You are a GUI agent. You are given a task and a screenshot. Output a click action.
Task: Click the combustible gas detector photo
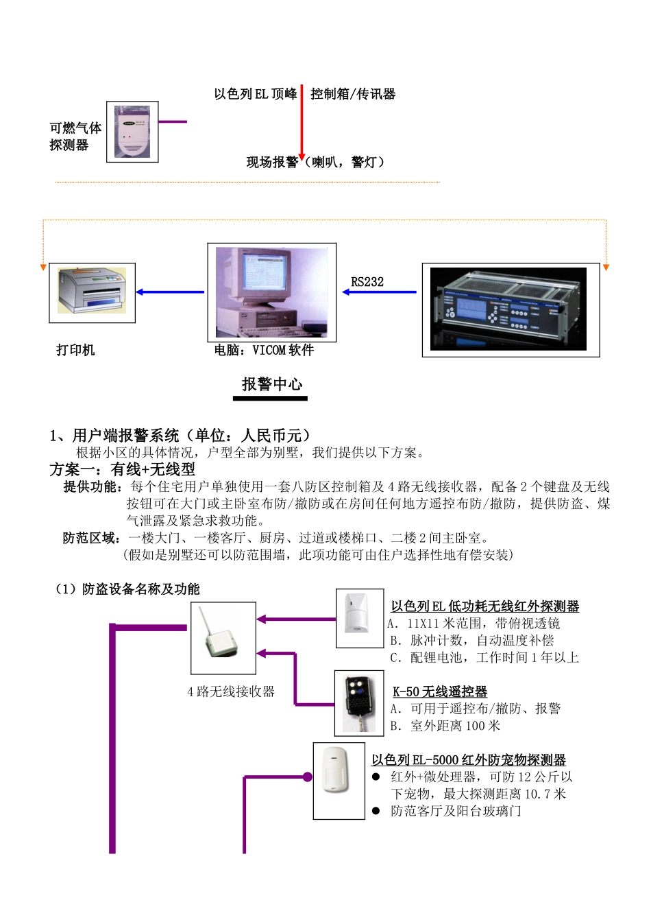[132, 132]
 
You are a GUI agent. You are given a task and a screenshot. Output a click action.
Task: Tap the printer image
[92, 293]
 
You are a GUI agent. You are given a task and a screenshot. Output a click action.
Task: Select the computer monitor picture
[271, 292]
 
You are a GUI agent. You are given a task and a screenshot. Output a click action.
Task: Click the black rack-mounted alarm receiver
[508, 309]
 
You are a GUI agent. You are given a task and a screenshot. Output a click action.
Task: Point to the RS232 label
[367, 282]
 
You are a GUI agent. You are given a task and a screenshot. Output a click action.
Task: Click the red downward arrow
[302, 123]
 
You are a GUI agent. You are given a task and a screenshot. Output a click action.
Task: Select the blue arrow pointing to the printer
[170, 292]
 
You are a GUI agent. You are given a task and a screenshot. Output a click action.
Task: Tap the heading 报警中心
[271, 384]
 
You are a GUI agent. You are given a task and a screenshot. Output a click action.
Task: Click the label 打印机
[75, 350]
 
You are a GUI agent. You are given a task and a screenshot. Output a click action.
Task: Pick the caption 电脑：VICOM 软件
[264, 350]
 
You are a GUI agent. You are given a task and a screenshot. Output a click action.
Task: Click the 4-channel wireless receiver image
[223, 638]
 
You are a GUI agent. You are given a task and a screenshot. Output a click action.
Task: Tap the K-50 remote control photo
[359, 703]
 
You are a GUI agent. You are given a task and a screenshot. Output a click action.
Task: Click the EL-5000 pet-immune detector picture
[339, 780]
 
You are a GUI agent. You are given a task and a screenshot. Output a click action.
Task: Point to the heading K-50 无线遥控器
[440, 691]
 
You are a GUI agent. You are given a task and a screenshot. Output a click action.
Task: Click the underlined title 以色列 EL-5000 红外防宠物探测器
[469, 760]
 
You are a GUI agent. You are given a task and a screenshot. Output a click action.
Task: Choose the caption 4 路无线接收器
[231, 691]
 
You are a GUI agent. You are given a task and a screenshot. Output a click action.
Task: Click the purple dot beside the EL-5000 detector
[308, 777]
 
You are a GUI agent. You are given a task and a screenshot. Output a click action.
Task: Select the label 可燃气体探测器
[75, 137]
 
